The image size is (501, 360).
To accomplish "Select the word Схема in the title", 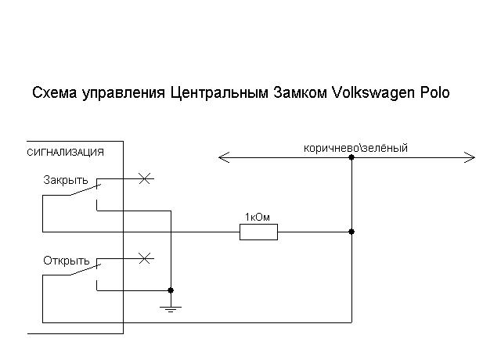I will pos(53,93).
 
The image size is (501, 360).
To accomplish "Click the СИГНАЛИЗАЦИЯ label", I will pos(65,153).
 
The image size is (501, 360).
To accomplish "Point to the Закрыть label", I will pos(66,180).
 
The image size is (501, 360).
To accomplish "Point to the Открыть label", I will pos(67,261).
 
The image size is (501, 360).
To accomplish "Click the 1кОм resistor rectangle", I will pos(258,231).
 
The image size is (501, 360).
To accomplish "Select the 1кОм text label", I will pos(258,217).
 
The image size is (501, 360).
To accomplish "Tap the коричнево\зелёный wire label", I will pos(355,148).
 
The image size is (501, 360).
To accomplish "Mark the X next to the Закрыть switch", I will pos(143,178).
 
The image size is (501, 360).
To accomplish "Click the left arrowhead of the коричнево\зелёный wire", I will pos(222,158).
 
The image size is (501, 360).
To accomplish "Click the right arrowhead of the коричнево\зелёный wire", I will pos(470,158).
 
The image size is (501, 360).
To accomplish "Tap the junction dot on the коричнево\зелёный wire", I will pos(351,158).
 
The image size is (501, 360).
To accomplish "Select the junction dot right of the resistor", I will pos(351,231).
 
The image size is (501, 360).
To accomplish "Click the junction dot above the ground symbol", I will pos(170,290).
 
